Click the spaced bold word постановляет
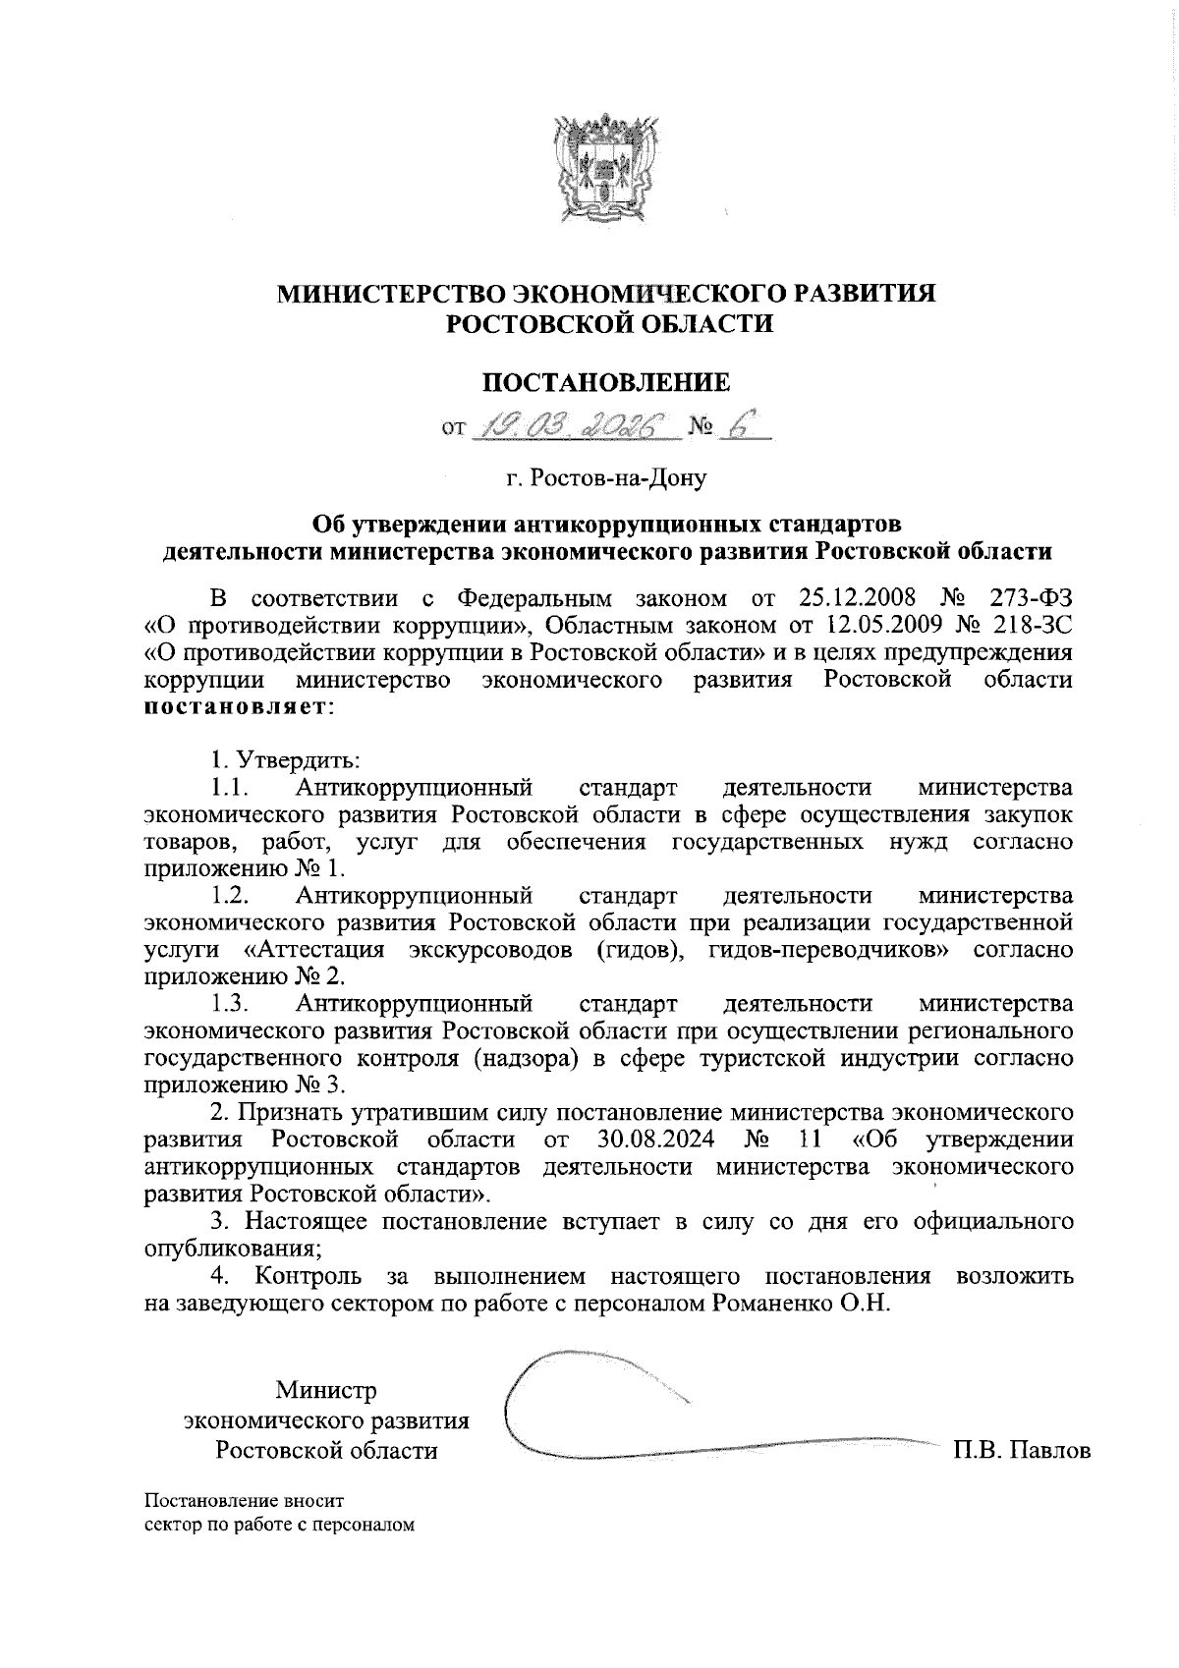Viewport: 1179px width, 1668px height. point(238,707)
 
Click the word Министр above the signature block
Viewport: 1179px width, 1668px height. point(326,1391)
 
